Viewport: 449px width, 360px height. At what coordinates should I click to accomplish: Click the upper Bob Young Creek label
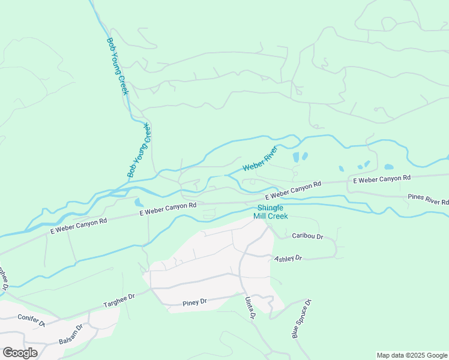coord(117,67)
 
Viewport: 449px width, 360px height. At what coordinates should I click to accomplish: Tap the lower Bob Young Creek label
coord(138,150)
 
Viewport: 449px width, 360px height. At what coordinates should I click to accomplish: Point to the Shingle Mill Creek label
coord(270,212)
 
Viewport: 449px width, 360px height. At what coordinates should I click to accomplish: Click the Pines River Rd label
coord(428,199)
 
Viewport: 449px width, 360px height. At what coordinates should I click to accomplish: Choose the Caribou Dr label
coord(307,236)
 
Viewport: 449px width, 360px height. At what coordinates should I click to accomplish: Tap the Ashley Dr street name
coord(288,258)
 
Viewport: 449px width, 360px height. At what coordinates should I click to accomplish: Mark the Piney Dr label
coord(194,302)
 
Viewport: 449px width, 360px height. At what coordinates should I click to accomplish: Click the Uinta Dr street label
coord(250,307)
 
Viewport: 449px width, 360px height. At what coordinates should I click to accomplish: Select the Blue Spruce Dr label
coord(302,319)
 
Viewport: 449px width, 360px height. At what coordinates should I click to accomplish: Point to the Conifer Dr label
coord(31,320)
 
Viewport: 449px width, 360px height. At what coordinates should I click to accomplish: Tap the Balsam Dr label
coord(70,337)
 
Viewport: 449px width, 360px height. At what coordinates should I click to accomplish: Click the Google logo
coord(20,352)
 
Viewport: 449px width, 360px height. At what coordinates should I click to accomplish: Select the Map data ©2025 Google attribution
coord(412,355)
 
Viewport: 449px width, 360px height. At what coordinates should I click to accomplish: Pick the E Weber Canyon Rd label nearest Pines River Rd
coord(381,178)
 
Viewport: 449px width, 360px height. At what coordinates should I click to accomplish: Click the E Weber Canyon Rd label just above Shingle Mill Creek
coord(294,190)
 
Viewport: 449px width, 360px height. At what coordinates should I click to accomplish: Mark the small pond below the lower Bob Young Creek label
coord(139,202)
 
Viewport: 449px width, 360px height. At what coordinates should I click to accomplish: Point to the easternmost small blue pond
coord(389,166)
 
